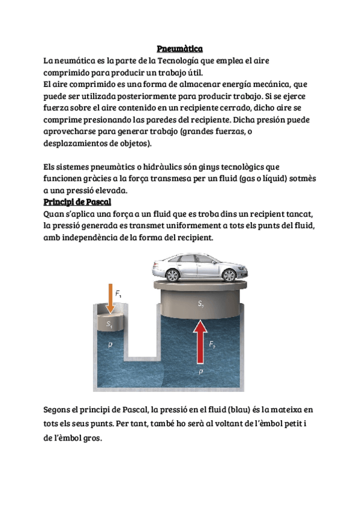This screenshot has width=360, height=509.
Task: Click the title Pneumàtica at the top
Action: (x=179, y=48)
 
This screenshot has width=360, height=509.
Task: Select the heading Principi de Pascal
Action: (x=77, y=202)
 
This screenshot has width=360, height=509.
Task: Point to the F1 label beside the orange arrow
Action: (x=119, y=294)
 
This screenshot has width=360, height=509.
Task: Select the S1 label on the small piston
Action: (x=109, y=324)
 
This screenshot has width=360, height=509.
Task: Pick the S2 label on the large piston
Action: (x=202, y=304)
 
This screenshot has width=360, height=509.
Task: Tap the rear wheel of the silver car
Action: (x=173, y=275)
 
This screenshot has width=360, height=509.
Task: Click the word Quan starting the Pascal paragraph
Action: (x=55, y=213)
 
